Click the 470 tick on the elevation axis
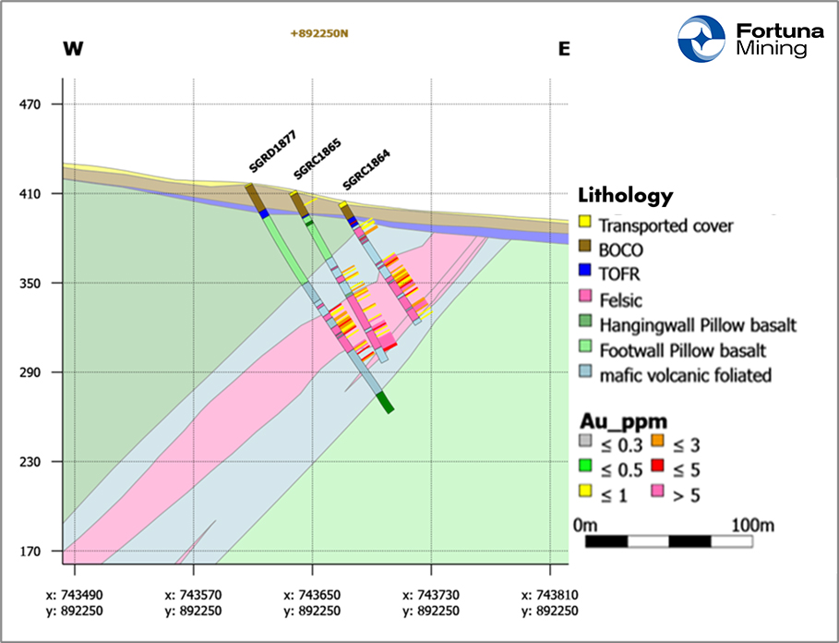(34, 105)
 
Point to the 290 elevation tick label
(34, 373)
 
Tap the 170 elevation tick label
(34, 552)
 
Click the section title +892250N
(318, 34)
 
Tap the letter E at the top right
(564, 49)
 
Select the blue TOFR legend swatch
(584, 274)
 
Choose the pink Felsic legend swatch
(584, 299)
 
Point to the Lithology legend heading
(625, 196)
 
